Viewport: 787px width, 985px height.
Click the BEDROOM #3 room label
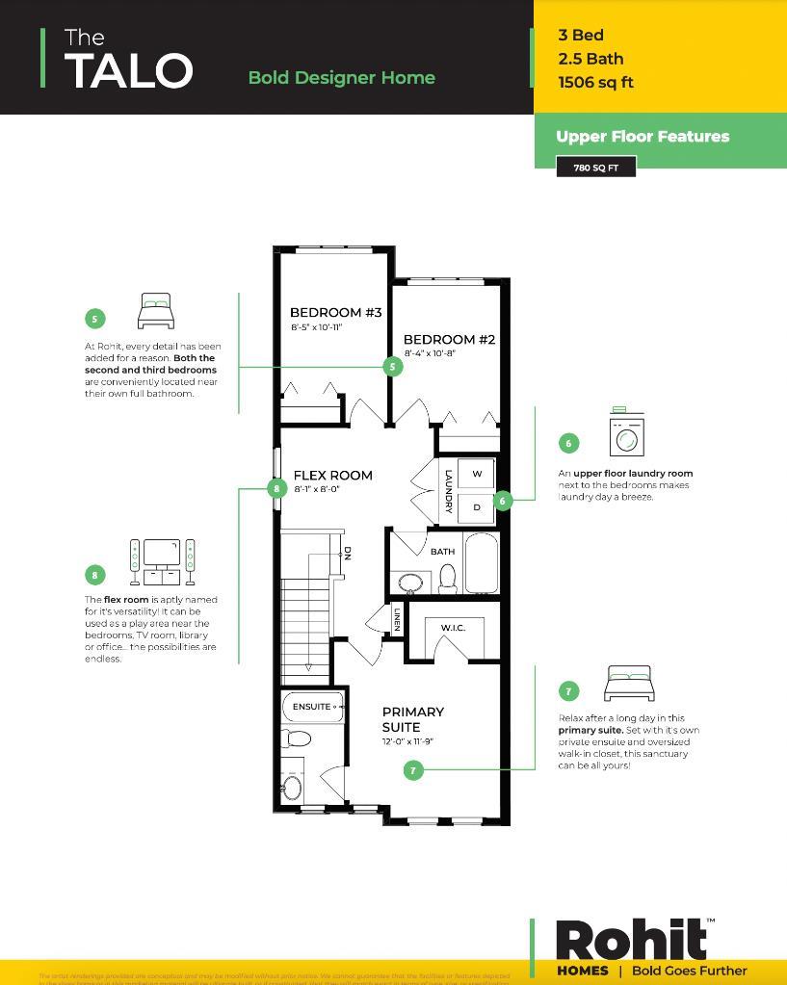(335, 312)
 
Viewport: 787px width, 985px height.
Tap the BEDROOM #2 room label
(449, 339)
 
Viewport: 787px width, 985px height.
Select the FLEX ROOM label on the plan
(332, 475)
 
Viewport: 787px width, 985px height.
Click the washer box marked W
(477, 474)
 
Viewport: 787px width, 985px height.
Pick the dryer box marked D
(477, 506)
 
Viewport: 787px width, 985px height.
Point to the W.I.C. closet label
(453, 628)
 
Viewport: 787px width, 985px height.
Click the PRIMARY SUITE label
(412, 719)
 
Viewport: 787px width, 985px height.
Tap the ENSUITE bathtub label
(312, 707)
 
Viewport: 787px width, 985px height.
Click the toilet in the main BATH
(447, 579)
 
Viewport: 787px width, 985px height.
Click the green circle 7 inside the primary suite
(413, 770)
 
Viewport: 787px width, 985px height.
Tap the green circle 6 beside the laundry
(502, 500)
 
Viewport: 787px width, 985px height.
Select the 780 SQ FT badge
(595, 168)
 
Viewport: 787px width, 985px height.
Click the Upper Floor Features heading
(643, 137)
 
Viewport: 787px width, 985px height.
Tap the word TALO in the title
(128, 71)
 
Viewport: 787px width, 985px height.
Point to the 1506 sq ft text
(595, 82)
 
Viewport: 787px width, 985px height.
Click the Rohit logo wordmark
(631, 940)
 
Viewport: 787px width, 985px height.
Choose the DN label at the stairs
(347, 554)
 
